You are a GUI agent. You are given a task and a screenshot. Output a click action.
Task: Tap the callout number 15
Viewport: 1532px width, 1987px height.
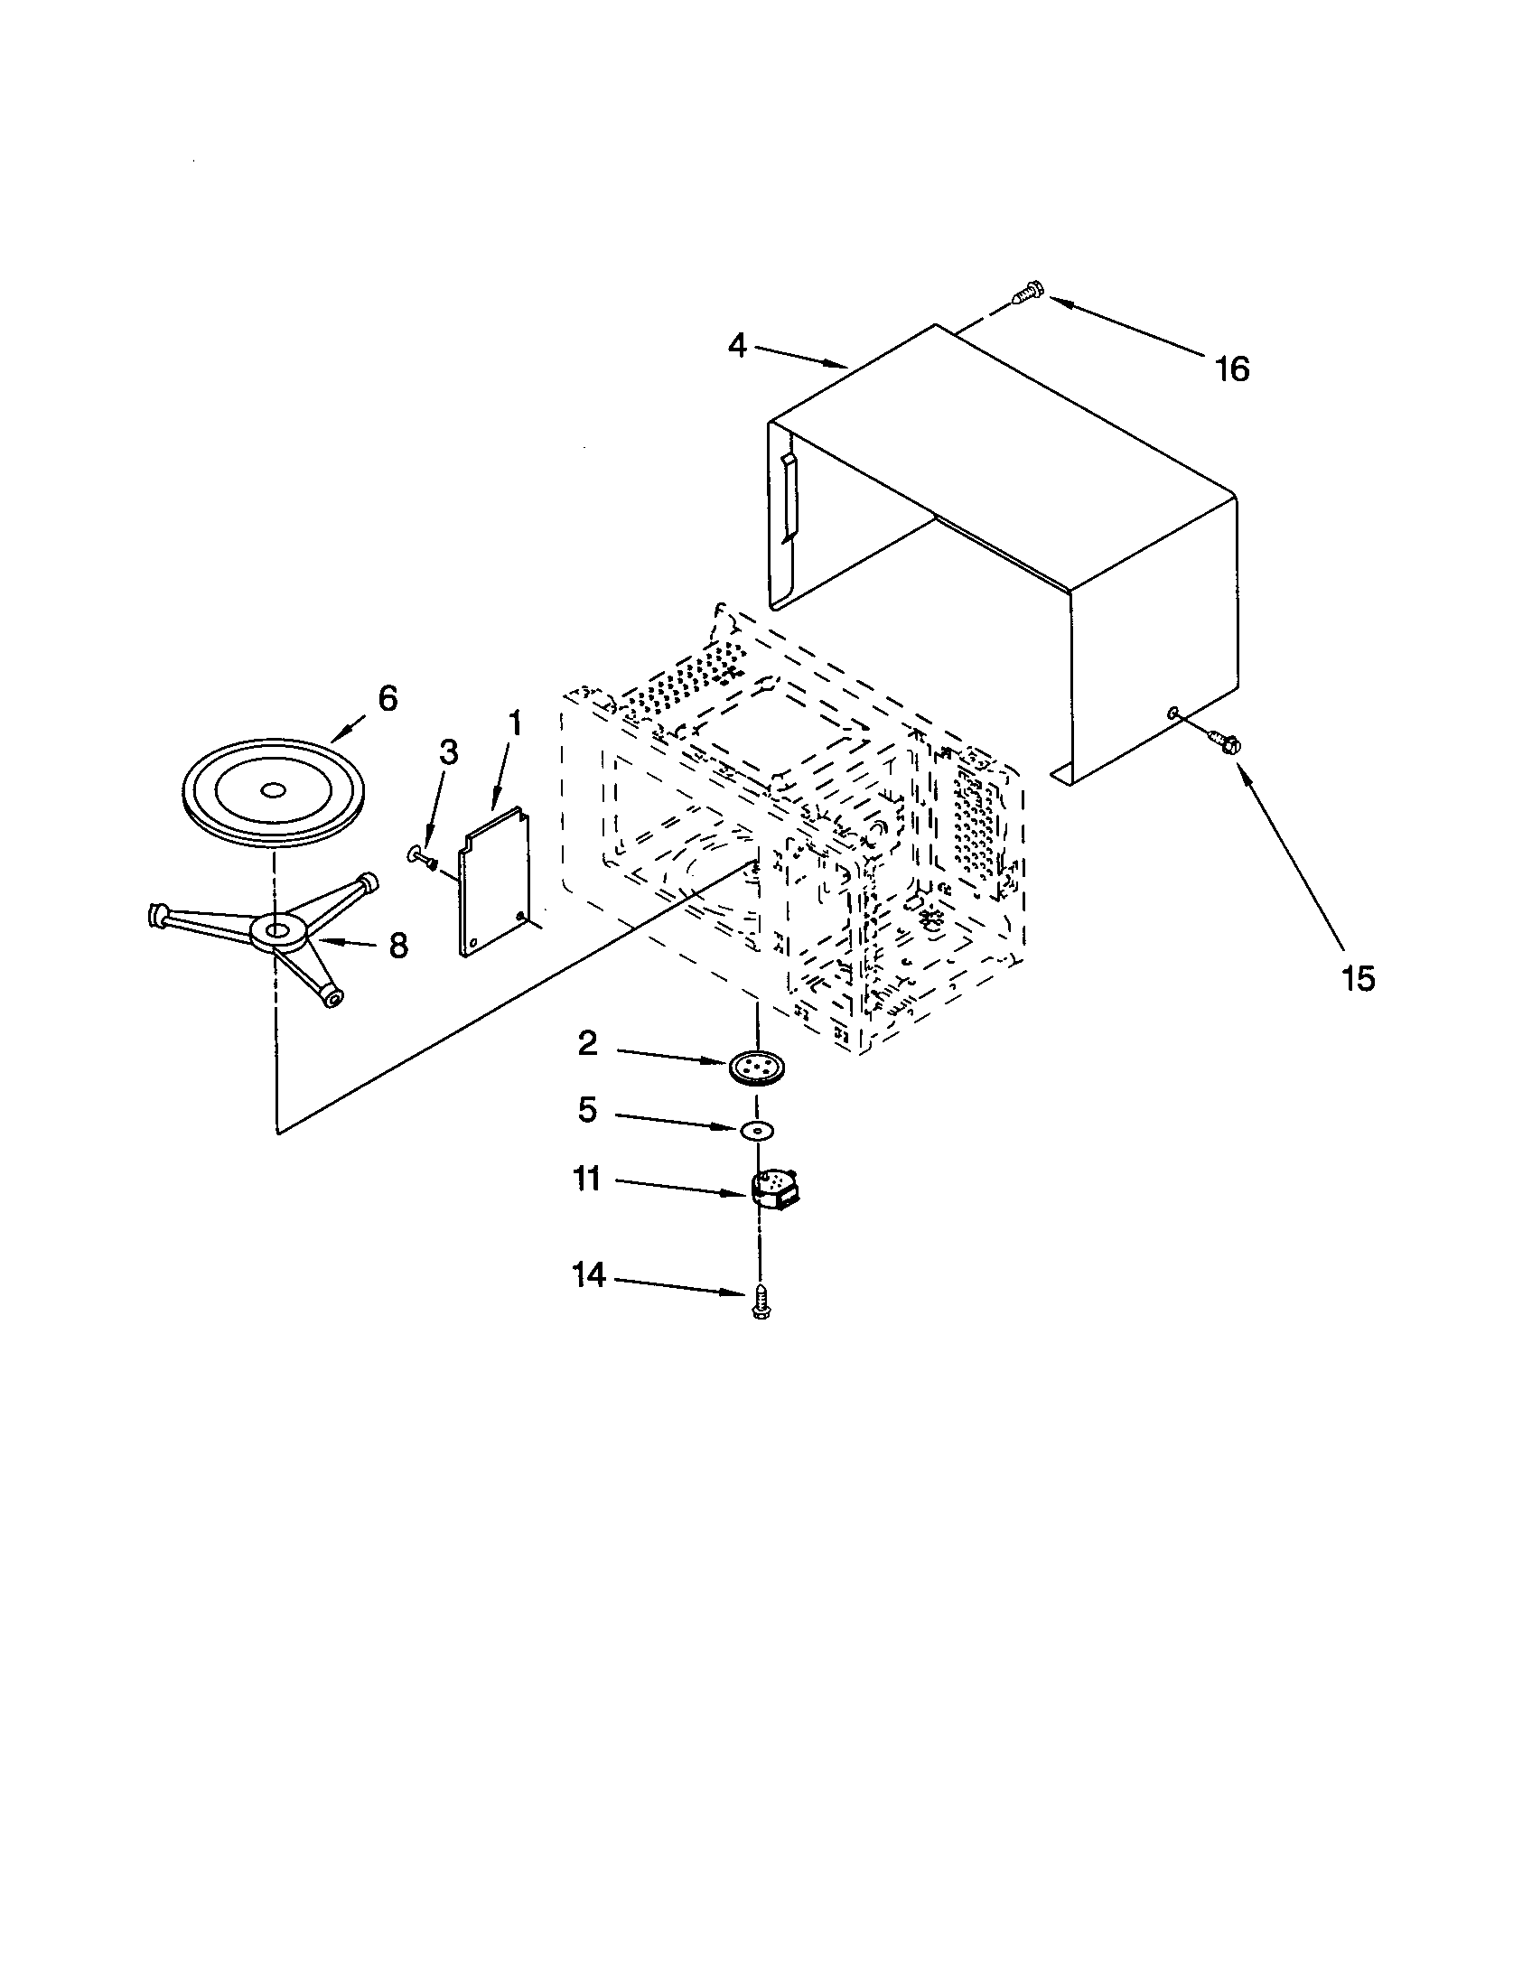pos(1358,979)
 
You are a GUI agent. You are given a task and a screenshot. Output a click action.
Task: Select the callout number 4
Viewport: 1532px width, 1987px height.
pos(737,346)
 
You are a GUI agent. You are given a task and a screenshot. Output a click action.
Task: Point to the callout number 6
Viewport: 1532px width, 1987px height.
pos(388,699)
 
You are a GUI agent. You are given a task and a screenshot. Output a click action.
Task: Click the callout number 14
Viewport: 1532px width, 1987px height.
pos(589,1275)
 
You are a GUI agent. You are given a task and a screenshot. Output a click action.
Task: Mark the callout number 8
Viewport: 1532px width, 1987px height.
pos(398,947)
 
